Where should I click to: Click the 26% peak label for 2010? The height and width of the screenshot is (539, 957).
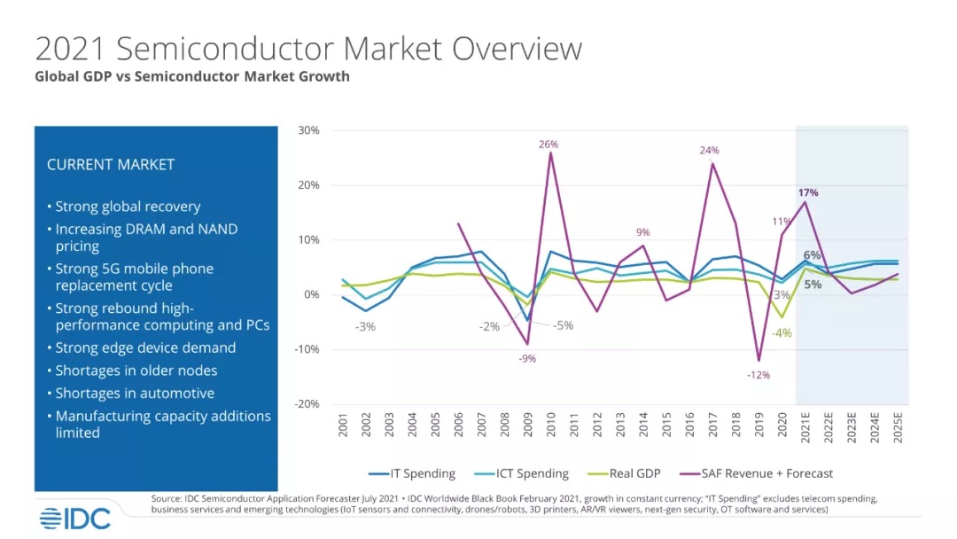click(x=549, y=144)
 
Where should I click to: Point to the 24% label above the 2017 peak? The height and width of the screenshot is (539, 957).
click(x=709, y=151)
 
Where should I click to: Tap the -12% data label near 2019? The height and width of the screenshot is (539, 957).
click(x=759, y=375)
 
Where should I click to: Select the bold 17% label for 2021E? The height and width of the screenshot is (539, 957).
click(x=807, y=192)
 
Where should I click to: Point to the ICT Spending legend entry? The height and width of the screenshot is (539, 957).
click(x=527, y=473)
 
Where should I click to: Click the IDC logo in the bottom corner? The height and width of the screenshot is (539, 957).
click(x=74, y=519)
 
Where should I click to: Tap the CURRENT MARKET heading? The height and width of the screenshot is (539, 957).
click(x=111, y=165)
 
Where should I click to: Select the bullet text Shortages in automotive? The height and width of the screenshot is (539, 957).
click(x=135, y=393)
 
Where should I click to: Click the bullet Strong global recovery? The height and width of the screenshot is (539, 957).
click(x=128, y=207)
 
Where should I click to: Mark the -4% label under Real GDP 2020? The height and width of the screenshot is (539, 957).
click(x=781, y=333)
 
